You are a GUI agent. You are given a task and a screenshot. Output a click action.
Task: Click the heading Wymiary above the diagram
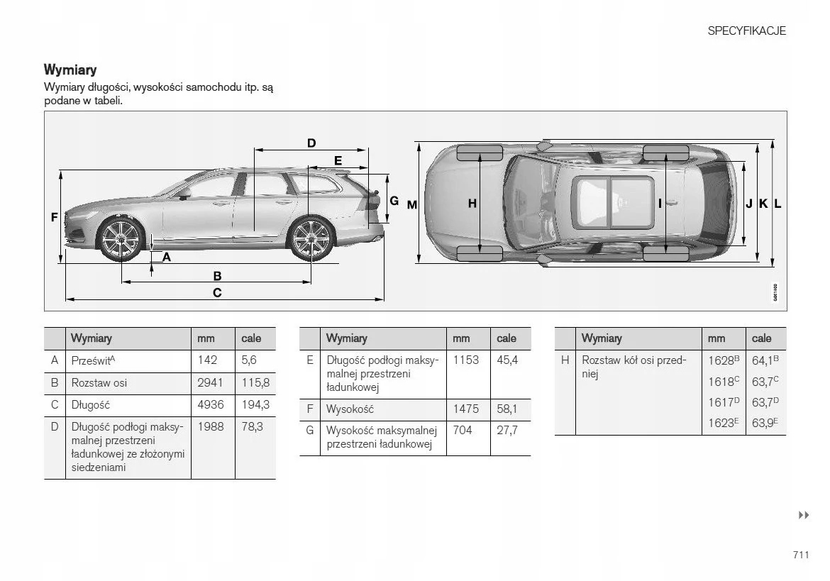pos(70,70)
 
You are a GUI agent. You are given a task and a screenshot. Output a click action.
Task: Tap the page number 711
pos(801,555)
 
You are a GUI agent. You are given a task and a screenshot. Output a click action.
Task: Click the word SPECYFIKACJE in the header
pos(746,31)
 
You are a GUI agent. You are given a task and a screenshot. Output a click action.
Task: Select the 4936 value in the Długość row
pos(210,405)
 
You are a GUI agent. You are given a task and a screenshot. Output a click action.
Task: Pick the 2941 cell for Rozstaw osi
pos(210,383)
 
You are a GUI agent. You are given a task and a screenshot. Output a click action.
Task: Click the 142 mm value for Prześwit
pos(207,360)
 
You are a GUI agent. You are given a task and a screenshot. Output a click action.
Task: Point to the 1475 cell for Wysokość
pos(465,409)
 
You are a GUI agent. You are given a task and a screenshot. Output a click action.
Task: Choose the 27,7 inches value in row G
pos(507,431)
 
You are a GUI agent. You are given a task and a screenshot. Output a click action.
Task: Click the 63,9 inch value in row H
pos(765,424)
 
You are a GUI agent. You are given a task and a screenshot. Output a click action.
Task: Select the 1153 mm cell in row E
pos(465,360)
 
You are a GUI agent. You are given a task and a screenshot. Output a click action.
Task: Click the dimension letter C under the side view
pos(217,292)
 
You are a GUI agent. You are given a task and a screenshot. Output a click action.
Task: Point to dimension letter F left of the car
pos(54,218)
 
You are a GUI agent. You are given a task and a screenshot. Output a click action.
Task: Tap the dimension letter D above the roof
pos(311,143)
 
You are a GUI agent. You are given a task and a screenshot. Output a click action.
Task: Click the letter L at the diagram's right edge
pos(778,204)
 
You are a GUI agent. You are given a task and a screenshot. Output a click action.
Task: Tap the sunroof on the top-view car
pos(614,203)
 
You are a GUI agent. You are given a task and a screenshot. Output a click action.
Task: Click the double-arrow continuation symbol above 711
pos(804,515)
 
